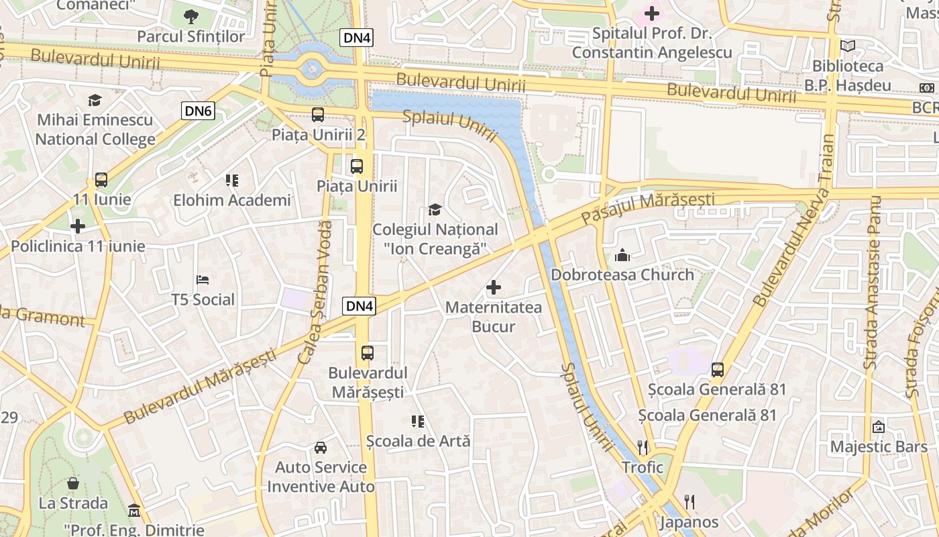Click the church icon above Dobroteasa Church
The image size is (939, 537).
[x=622, y=255]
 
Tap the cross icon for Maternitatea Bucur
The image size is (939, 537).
[x=494, y=288]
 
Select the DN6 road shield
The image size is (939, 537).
[x=198, y=111]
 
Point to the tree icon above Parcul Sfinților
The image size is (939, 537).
[x=191, y=16]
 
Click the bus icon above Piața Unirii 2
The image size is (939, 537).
[x=318, y=115]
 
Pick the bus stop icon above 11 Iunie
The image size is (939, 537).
[x=101, y=180]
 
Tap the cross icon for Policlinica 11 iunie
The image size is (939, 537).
[x=78, y=226]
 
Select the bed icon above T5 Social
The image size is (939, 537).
[x=203, y=279]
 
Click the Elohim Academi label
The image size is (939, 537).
[x=232, y=200]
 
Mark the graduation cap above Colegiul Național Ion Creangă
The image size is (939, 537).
[x=435, y=209]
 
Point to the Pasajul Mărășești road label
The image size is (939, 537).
[x=647, y=208]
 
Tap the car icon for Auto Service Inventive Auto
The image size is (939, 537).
[x=321, y=447]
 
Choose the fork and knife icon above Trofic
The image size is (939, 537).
[x=643, y=447]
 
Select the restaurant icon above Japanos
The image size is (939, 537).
[x=689, y=501]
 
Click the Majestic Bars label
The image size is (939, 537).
[x=879, y=447]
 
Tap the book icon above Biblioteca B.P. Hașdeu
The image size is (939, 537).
[x=848, y=46]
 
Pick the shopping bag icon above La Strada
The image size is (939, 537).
[x=73, y=483]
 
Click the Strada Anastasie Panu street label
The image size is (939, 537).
[x=872, y=282]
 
